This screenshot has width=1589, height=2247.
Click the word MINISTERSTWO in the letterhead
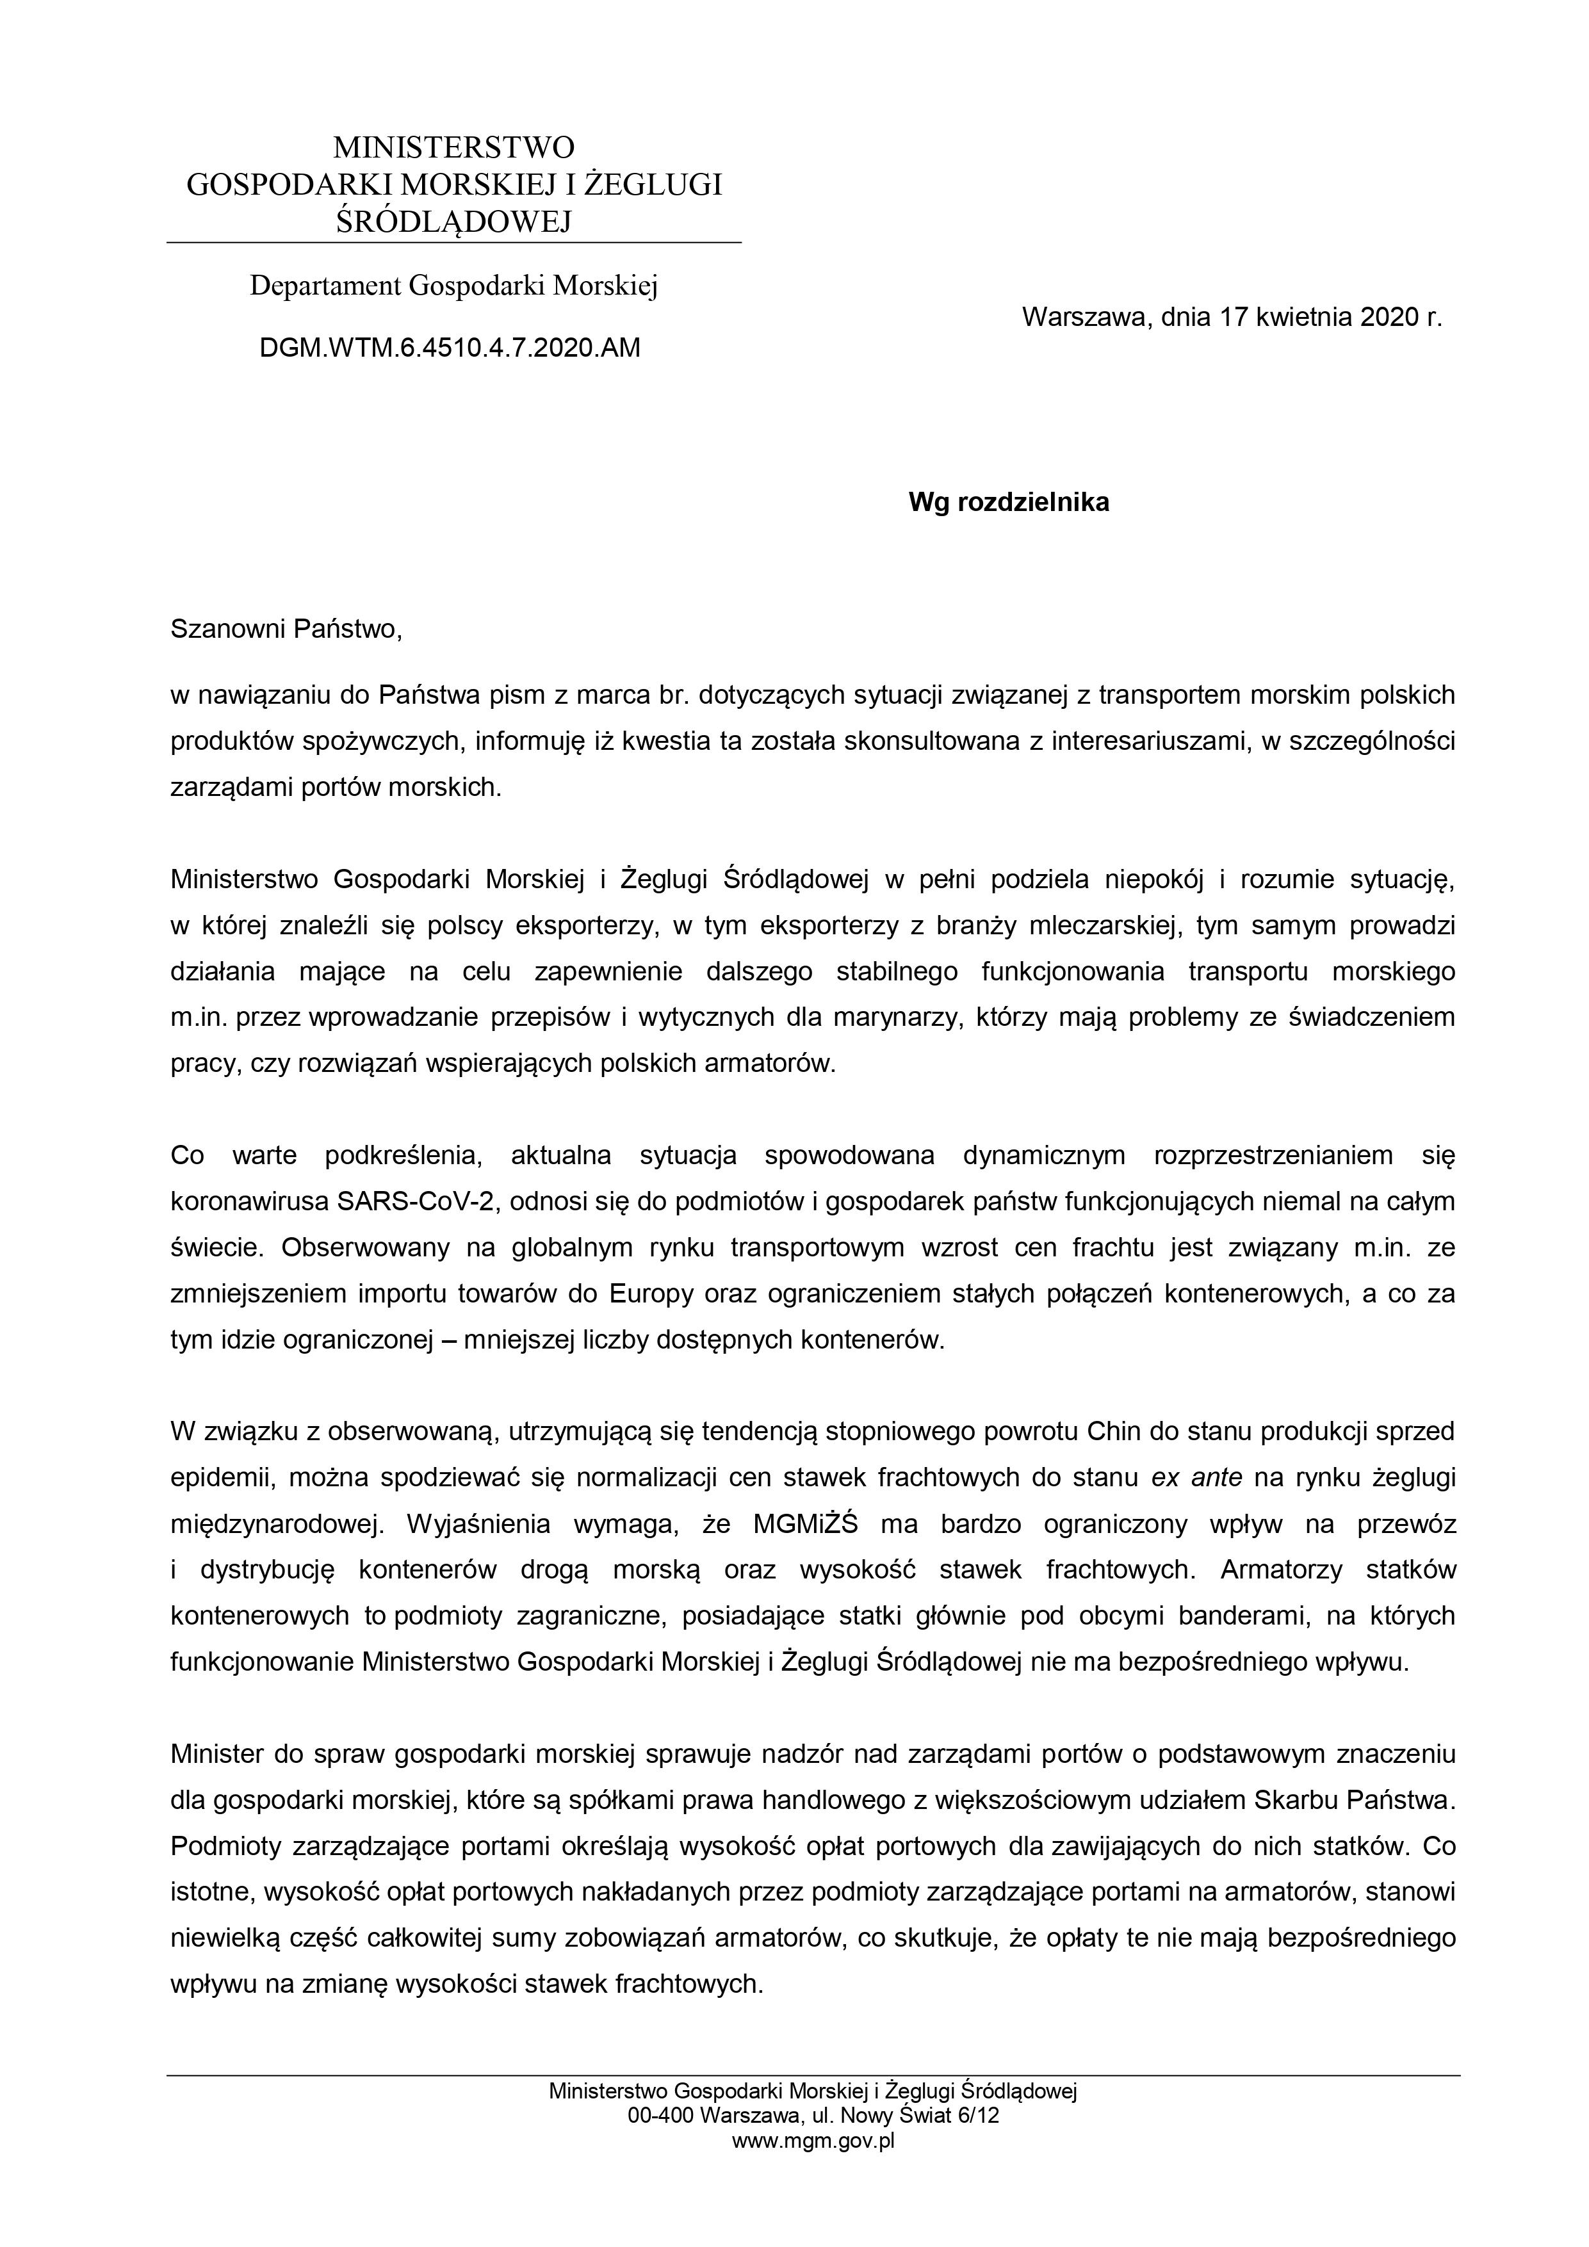pos(453,148)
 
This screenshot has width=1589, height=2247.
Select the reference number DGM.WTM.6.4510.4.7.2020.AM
pos(450,348)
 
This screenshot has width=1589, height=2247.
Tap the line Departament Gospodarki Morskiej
pos(453,286)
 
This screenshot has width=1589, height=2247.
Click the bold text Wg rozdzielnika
pos(1009,503)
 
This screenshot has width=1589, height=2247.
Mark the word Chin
pos(1110,1432)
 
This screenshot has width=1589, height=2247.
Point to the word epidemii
pos(221,1478)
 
